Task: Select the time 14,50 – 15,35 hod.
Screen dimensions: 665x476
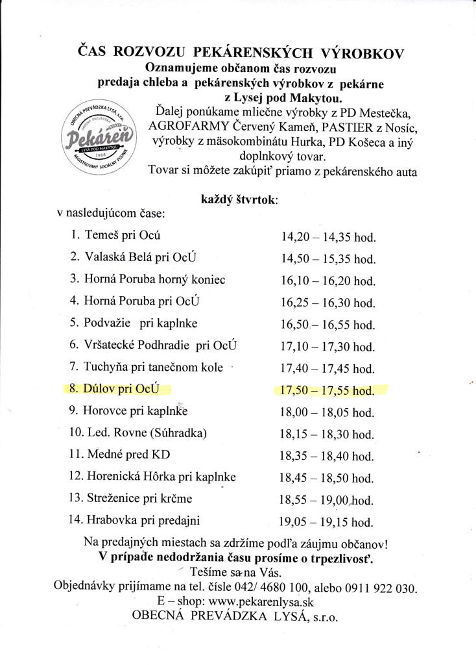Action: (x=327, y=258)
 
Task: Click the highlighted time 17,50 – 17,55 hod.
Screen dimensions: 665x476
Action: (x=327, y=390)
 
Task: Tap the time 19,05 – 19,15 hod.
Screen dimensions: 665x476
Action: (x=327, y=521)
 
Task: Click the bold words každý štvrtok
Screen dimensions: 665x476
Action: (x=241, y=200)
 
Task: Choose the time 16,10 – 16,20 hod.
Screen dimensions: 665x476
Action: (x=327, y=281)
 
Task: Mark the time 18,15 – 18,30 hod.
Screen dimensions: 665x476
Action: (x=327, y=434)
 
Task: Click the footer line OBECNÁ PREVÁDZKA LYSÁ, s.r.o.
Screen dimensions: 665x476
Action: (x=235, y=617)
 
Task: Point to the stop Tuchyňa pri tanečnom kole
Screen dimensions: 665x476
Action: (x=154, y=367)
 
